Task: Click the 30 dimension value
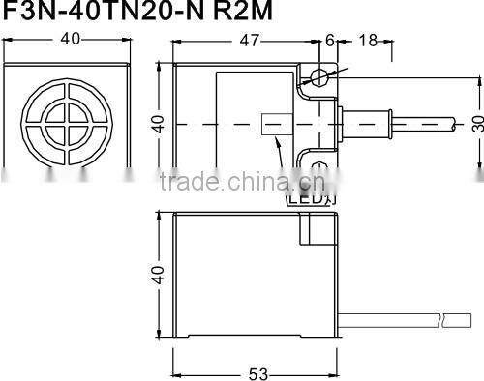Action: pos(476,124)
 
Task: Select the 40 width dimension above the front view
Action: pos(69,39)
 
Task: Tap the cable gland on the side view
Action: pos(368,124)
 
